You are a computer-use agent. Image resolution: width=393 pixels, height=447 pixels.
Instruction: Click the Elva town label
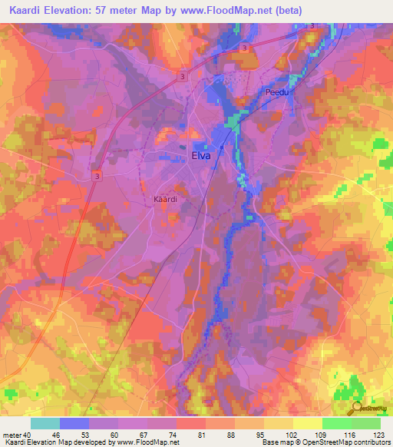(x=200, y=155)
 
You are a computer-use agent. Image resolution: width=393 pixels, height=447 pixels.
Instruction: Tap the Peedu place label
(x=276, y=92)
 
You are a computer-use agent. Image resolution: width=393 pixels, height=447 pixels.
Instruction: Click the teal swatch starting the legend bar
(x=45, y=423)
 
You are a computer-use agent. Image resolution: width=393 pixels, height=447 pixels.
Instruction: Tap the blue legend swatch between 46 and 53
(x=74, y=423)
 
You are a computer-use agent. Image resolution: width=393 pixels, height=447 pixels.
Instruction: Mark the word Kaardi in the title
(x=25, y=11)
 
